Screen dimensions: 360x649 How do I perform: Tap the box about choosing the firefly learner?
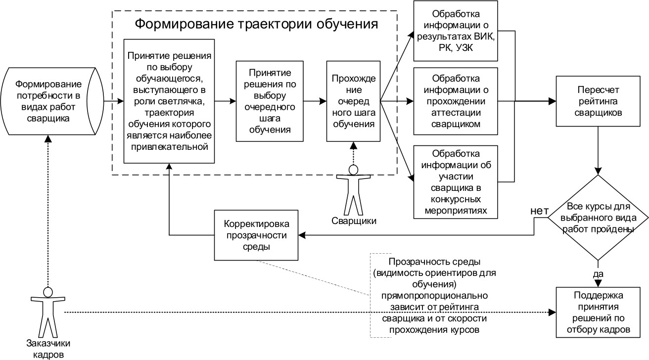coord(169,101)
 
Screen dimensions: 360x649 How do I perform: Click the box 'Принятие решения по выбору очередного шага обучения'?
coord(270,101)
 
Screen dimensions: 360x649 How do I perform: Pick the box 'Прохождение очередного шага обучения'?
coord(353,101)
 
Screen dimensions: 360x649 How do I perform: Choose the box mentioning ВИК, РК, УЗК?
coord(456,33)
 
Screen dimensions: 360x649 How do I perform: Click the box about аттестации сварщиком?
coord(456,101)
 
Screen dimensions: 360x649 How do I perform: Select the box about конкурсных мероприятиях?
coord(456,182)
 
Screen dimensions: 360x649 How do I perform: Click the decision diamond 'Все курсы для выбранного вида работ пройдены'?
coord(599,217)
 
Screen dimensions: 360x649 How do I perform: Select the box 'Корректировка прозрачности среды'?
coord(257,235)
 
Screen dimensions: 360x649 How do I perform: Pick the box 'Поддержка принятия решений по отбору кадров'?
coord(599,313)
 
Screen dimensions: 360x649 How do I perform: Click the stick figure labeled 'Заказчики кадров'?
coord(47,309)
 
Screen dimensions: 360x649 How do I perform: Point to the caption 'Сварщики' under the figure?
coord(353,221)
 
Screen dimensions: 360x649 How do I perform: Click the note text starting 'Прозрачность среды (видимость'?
coord(434,296)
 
